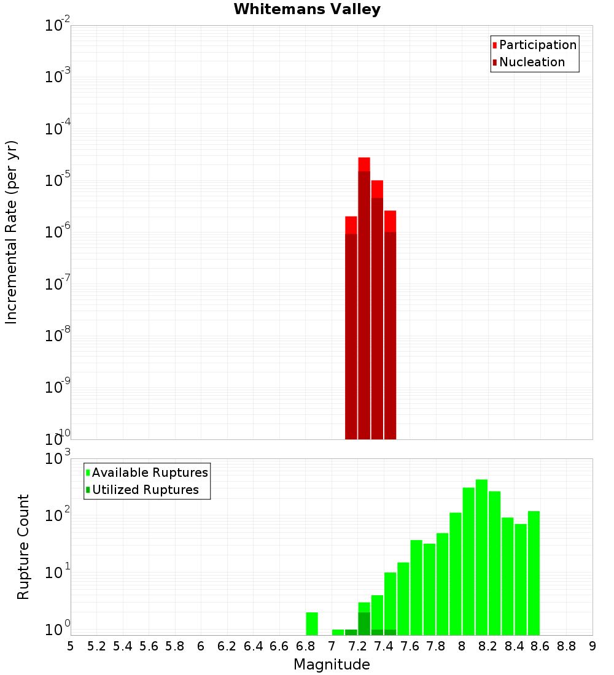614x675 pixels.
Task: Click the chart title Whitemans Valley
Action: [x=307, y=9]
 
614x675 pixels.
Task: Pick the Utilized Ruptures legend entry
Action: [x=145, y=490]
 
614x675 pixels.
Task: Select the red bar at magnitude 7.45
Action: [x=390, y=325]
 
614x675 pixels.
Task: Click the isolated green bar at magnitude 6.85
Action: [x=312, y=623]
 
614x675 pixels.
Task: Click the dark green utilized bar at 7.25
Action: [x=364, y=623]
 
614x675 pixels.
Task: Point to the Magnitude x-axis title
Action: [x=332, y=665]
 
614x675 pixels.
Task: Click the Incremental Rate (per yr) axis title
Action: [x=12, y=233]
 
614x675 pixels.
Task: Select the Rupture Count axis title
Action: [x=23, y=547]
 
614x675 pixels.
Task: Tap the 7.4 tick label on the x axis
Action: [x=384, y=646]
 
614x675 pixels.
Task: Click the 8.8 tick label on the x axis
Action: [x=566, y=646]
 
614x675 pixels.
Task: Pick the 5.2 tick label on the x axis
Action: [x=96, y=646]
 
